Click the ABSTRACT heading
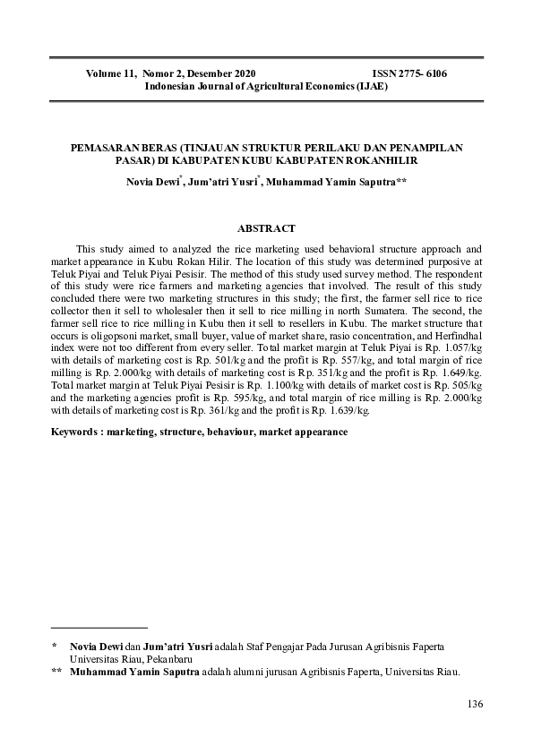(266, 229)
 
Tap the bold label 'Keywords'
(74, 431)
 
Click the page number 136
(474, 704)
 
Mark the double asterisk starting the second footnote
(57, 671)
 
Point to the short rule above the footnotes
(99, 628)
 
